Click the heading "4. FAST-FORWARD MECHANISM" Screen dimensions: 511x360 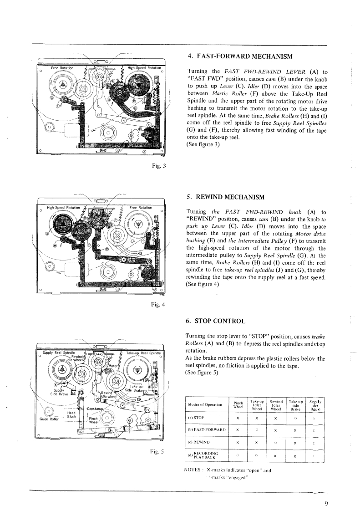(x=239, y=57)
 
